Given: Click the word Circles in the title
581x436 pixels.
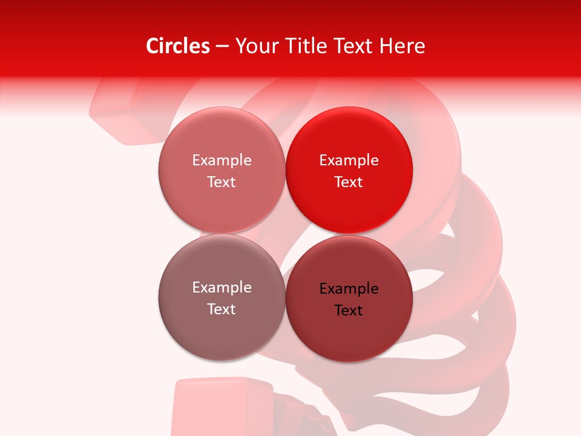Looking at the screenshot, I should [x=177, y=46].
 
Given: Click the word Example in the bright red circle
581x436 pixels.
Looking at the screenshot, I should [x=349, y=160].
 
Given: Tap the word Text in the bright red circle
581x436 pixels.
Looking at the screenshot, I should [x=349, y=182].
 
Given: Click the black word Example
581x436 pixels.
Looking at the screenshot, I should [x=349, y=288].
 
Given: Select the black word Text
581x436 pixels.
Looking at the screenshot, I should [x=349, y=310].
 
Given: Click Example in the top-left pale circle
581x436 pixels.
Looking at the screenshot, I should [x=222, y=160].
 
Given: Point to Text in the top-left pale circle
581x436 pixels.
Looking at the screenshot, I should [x=222, y=182].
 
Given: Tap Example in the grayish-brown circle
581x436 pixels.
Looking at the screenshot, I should [x=222, y=287].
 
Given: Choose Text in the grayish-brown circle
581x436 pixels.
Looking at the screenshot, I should [x=222, y=309].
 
